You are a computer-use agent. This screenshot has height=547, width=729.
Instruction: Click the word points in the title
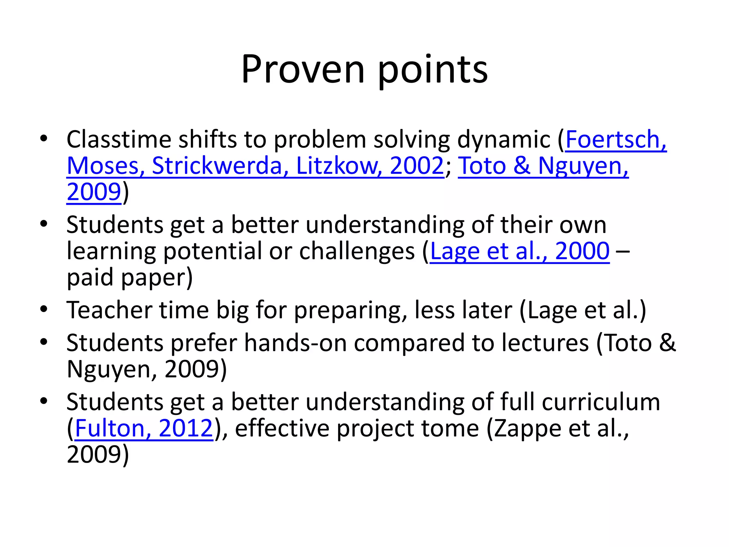(x=432, y=70)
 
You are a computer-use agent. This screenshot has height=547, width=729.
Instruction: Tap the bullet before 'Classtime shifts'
(x=44, y=139)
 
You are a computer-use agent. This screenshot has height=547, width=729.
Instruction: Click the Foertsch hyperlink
(x=615, y=139)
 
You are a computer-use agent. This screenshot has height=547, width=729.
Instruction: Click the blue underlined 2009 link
(x=94, y=192)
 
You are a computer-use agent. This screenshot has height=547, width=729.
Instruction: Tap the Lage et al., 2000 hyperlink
(x=520, y=251)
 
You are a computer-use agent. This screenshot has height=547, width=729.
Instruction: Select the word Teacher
(x=109, y=310)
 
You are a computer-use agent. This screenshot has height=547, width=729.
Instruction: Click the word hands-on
(x=295, y=343)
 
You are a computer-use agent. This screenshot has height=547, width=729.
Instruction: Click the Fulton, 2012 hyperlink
(x=144, y=428)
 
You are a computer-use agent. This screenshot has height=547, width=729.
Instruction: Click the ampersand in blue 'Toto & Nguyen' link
(x=521, y=166)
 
